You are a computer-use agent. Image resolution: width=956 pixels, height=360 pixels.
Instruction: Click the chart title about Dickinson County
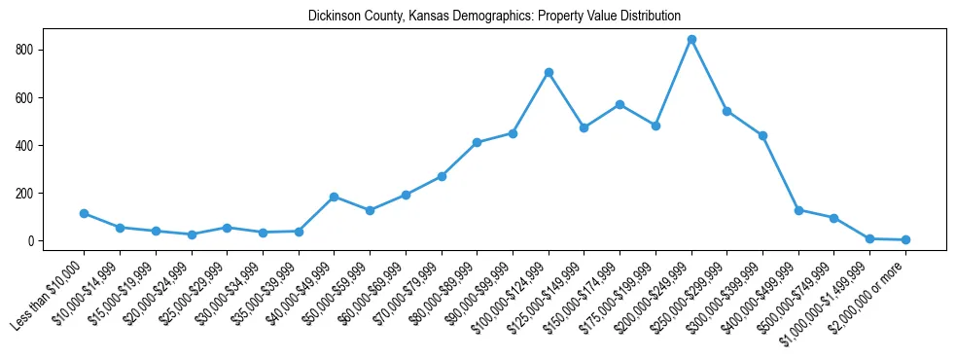point(494,17)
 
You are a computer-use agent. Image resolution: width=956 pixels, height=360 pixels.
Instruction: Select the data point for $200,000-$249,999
point(691,40)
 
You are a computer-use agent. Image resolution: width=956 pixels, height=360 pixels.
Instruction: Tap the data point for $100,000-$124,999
point(549,72)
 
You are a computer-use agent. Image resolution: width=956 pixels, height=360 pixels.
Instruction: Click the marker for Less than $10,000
point(84,213)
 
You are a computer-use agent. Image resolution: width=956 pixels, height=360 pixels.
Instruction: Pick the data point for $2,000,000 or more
point(905,239)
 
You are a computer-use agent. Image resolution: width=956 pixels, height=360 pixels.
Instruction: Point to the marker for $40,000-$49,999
point(334,197)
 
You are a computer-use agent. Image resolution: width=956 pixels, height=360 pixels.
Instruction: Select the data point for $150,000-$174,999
point(620,104)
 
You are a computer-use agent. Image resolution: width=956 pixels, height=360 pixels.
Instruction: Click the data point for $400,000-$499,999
point(798,210)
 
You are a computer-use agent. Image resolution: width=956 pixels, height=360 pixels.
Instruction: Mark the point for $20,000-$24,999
point(191,234)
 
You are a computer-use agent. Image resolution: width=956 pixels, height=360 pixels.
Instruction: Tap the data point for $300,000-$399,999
point(762,135)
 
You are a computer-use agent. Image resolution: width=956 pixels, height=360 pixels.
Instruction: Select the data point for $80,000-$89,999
point(477,142)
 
